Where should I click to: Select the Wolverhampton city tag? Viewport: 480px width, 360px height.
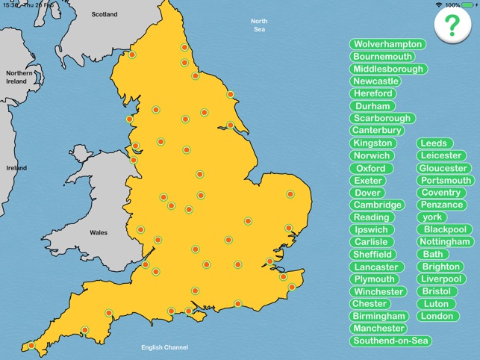tap(387, 44)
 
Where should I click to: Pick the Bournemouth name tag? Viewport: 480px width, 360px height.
tap(383, 57)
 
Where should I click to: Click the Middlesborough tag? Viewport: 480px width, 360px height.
tap(388, 69)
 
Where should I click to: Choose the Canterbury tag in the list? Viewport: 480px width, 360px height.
tap(377, 131)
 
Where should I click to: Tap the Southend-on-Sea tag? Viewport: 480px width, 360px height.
tap(391, 341)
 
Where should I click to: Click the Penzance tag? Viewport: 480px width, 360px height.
tap(441, 205)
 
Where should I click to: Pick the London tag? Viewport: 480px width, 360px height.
tap(437, 316)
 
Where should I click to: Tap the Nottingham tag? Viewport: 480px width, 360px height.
tap(445, 242)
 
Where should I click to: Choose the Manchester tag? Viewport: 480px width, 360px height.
tap(378, 329)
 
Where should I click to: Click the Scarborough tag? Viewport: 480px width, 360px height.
tap(382, 118)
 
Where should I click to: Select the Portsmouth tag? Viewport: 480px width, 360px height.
tap(446, 180)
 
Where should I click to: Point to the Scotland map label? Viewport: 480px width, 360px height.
tap(105, 14)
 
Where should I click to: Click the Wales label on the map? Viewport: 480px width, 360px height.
tap(99, 232)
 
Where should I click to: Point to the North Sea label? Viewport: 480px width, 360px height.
tap(259, 25)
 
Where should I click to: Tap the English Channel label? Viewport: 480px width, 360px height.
tap(165, 347)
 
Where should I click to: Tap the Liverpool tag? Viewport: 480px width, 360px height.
tap(441, 279)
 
